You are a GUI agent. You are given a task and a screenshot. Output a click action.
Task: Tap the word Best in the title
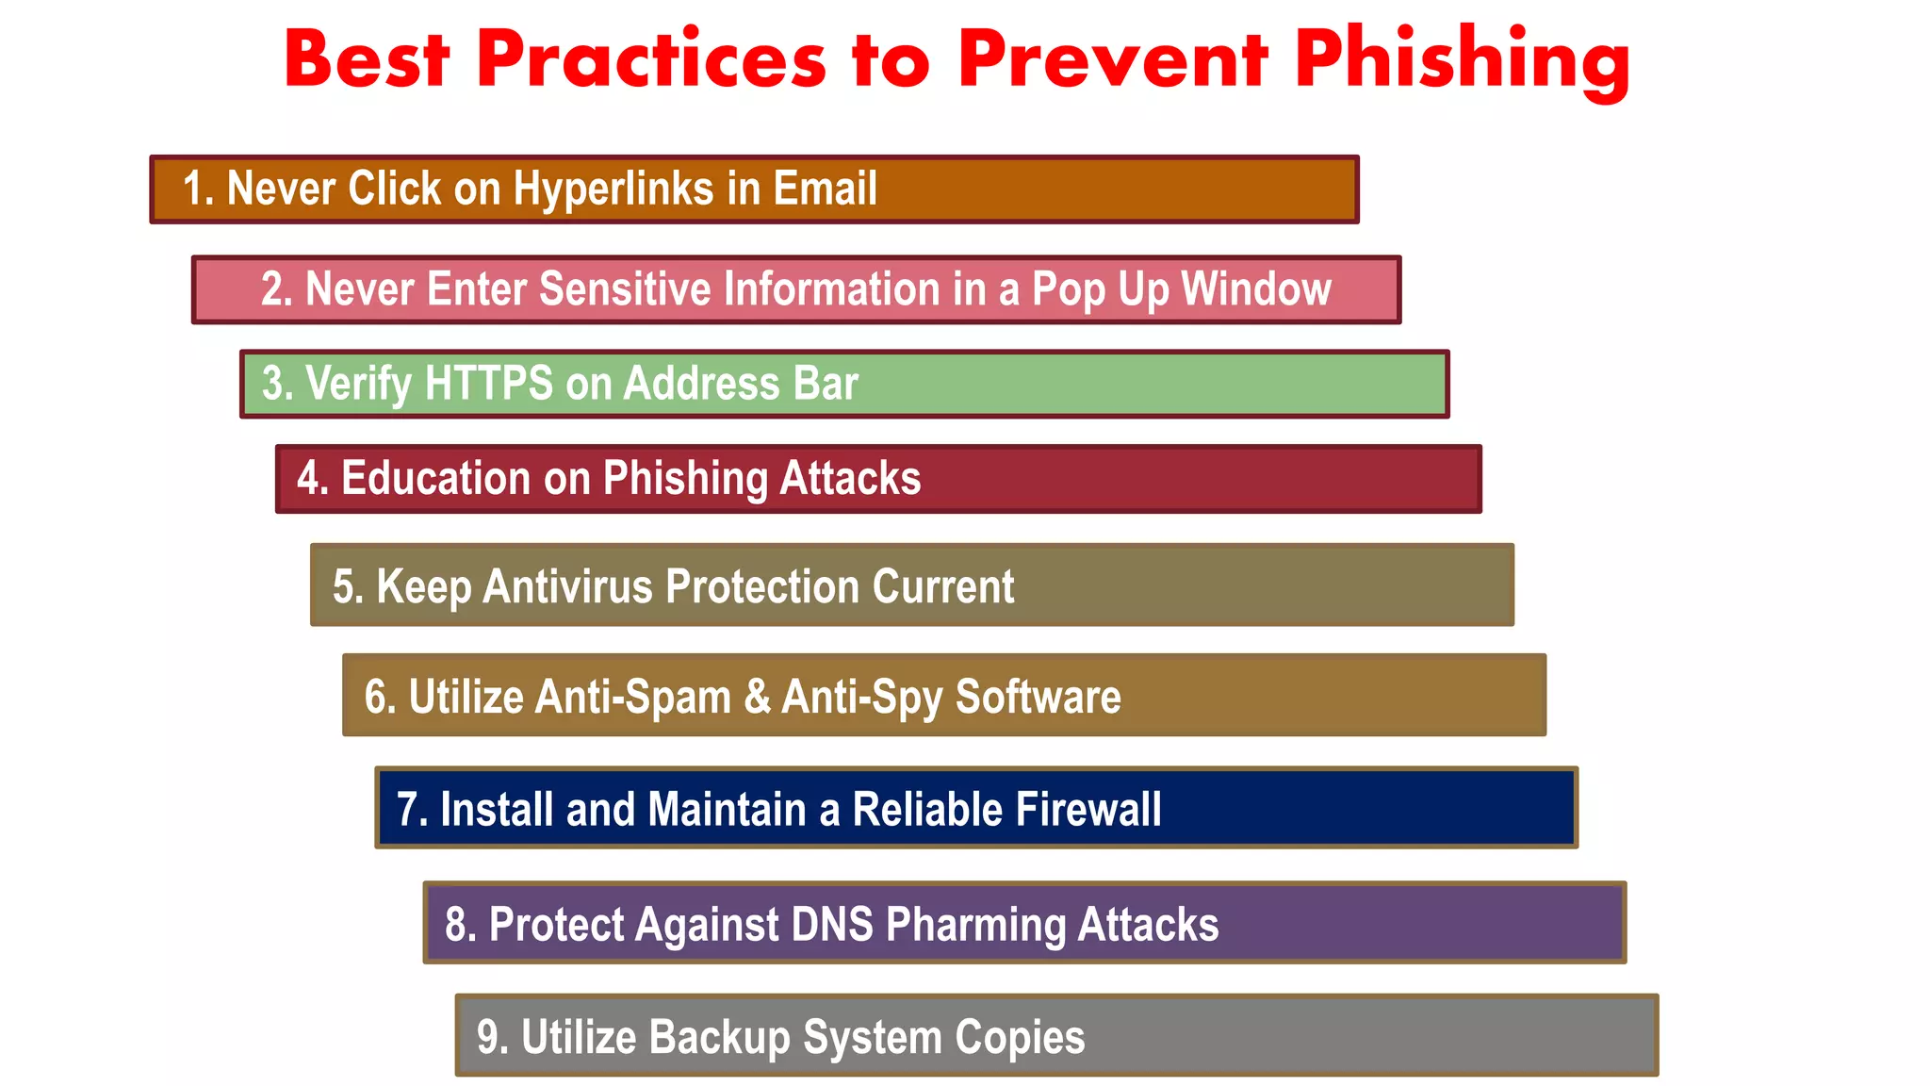click(x=367, y=59)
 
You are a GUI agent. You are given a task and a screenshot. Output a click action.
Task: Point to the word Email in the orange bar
click(x=826, y=189)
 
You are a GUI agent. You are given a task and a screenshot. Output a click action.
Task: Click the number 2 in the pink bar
click(x=272, y=289)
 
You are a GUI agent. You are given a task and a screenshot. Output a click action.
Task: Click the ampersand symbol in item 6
click(x=757, y=697)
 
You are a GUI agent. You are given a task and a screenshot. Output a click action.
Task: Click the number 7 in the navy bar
click(x=406, y=810)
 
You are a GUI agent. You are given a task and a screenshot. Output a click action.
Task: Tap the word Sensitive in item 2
click(x=625, y=289)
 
